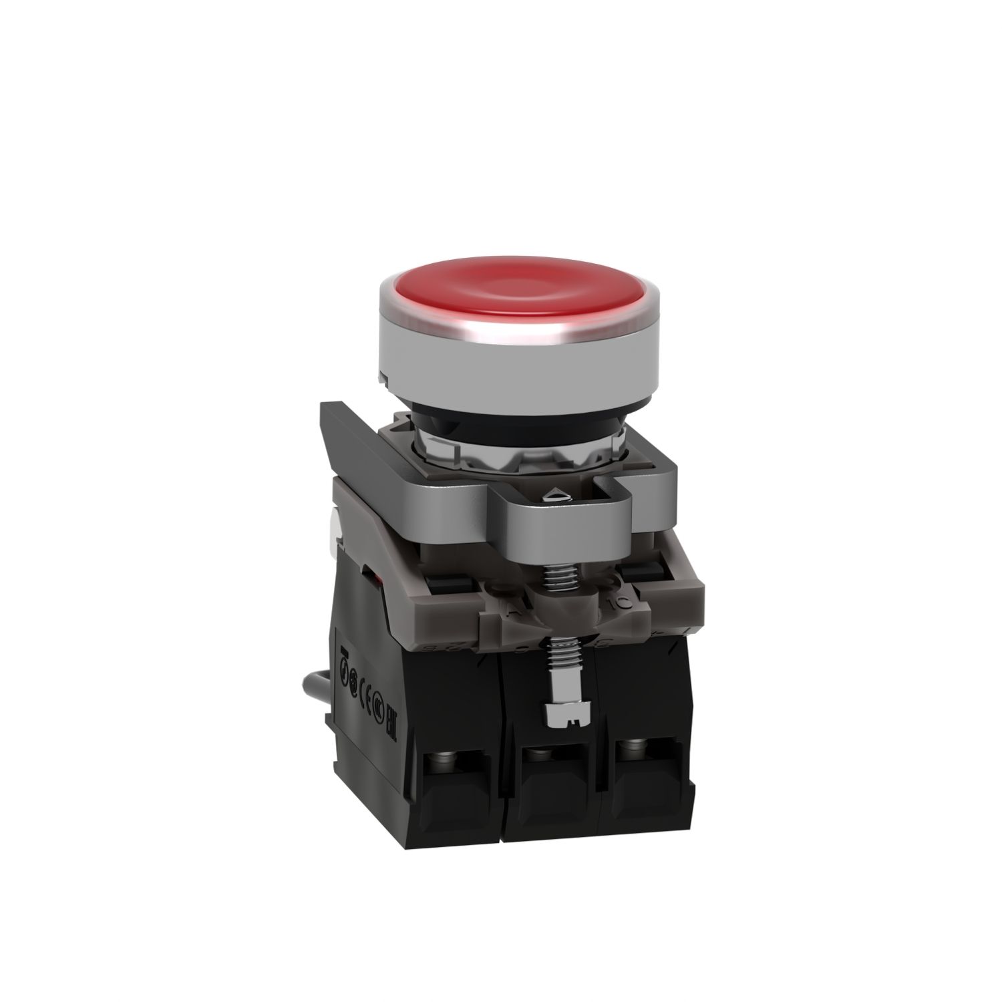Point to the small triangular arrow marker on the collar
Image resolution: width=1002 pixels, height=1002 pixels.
coord(554,495)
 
